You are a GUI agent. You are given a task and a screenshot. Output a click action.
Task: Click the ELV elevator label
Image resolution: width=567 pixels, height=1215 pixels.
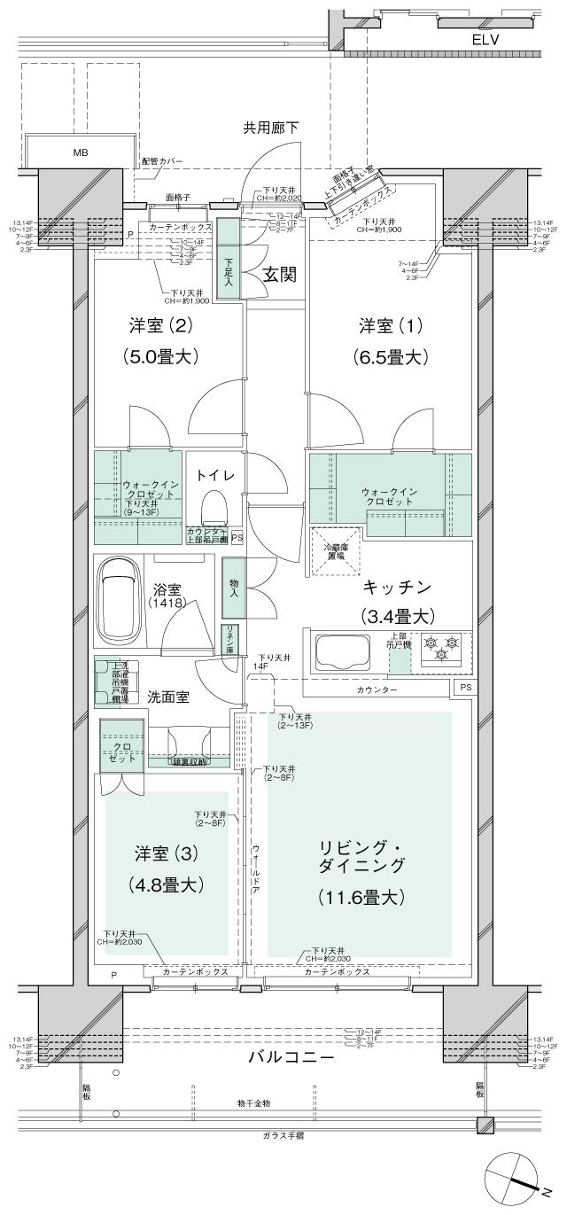click(x=485, y=39)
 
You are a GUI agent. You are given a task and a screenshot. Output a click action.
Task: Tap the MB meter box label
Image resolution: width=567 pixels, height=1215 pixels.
click(x=81, y=152)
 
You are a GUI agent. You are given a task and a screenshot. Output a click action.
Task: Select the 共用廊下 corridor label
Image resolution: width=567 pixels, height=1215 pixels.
click(x=271, y=128)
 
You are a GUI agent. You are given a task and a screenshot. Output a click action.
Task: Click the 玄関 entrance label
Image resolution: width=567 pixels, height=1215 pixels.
click(x=278, y=275)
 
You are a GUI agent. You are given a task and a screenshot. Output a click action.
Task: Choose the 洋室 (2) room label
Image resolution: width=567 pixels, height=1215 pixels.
click(x=160, y=326)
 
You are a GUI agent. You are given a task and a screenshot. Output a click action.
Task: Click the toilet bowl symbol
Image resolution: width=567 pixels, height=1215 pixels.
click(x=214, y=510)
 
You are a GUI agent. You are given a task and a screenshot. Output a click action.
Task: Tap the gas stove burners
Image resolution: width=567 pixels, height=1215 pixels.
click(x=440, y=648)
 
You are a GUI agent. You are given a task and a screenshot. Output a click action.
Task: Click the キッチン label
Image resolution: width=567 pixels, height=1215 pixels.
click(x=395, y=587)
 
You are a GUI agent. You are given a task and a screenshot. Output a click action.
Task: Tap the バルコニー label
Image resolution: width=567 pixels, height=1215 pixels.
click(x=291, y=1058)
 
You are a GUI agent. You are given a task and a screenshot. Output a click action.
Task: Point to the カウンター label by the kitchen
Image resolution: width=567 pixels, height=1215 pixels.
click(x=377, y=689)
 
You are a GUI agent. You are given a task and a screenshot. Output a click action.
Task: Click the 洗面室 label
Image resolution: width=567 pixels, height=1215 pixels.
click(x=168, y=697)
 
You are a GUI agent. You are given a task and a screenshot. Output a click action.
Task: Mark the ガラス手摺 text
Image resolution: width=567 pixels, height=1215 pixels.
click(x=283, y=1134)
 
